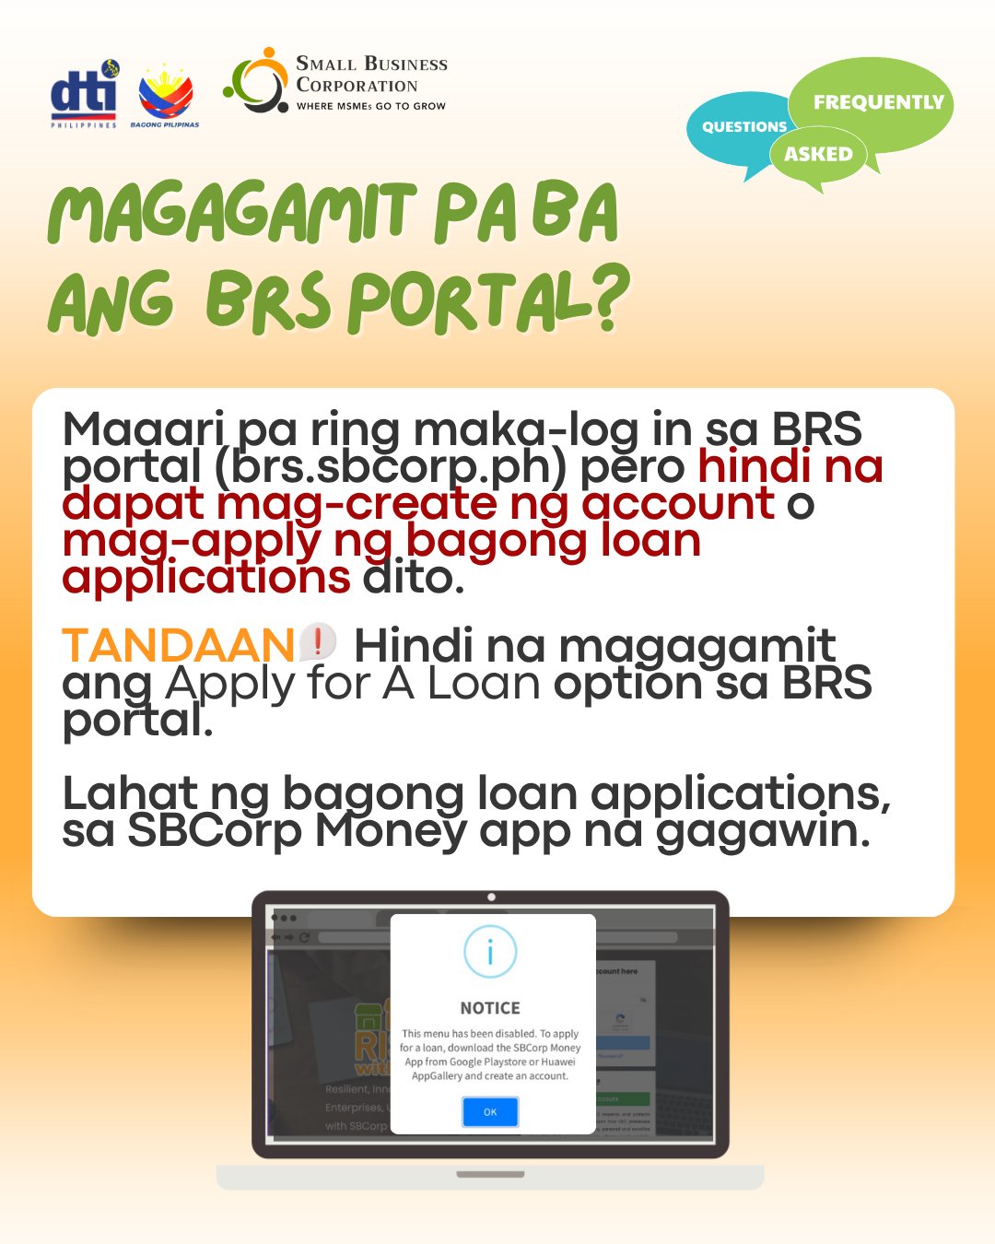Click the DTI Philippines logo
click(x=84, y=95)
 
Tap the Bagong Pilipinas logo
click(x=165, y=96)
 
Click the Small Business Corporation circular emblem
click(x=257, y=82)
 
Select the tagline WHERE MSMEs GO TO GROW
click(x=370, y=107)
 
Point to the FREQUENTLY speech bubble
click(x=877, y=102)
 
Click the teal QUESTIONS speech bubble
click(x=743, y=127)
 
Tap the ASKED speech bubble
click(x=818, y=155)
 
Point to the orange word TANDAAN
click(x=178, y=646)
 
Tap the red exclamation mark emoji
click(x=318, y=640)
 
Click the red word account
click(x=677, y=504)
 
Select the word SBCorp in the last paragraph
click(x=214, y=830)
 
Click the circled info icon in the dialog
click(x=490, y=952)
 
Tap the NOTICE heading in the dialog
click(x=490, y=1008)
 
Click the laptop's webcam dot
click(x=491, y=897)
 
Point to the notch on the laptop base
click(x=490, y=1175)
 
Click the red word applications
click(x=206, y=578)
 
